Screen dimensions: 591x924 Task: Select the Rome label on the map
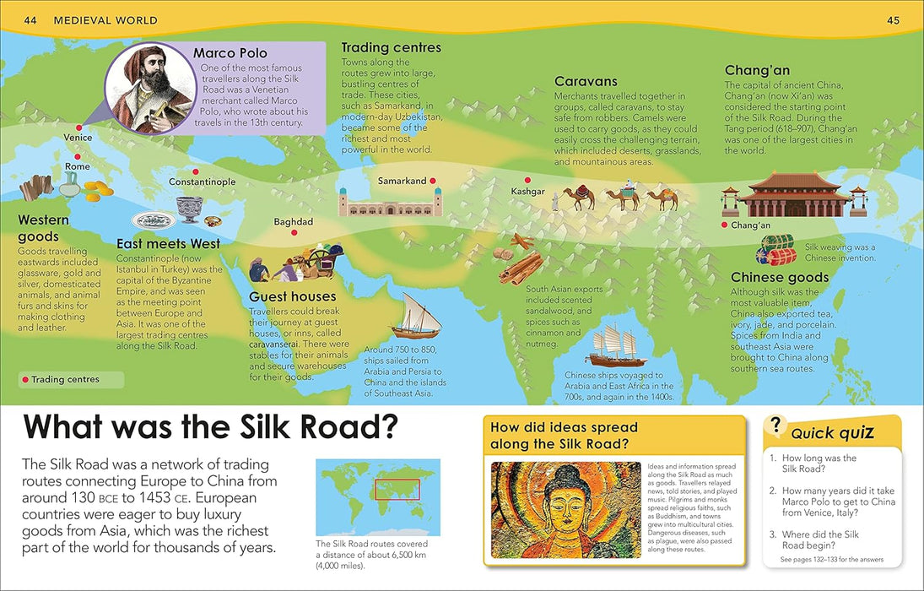77,167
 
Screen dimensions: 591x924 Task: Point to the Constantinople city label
202,182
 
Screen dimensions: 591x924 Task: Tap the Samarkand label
402,182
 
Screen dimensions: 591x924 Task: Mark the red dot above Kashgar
527,180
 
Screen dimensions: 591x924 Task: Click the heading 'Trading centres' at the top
391,48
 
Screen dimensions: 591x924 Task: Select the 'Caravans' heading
586,82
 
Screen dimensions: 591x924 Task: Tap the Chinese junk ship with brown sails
619,344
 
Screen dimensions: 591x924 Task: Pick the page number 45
894,19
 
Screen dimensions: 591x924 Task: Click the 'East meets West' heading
168,244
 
